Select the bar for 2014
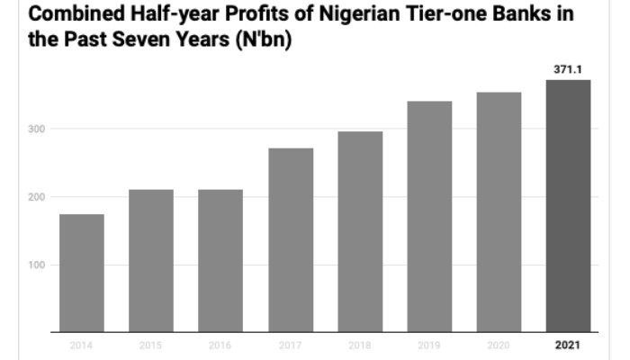point(82,274)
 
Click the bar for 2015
point(151,261)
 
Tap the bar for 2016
point(220,261)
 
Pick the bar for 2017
point(290,240)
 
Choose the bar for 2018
point(360,232)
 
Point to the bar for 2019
point(429,217)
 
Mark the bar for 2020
point(499,212)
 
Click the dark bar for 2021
point(568,206)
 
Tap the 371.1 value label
point(568,68)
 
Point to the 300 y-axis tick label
point(35,129)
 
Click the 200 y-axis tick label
point(35,197)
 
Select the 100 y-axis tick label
point(35,265)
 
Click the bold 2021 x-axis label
point(568,345)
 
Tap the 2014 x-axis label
point(82,345)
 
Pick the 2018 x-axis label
point(360,345)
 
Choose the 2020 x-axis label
point(499,345)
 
